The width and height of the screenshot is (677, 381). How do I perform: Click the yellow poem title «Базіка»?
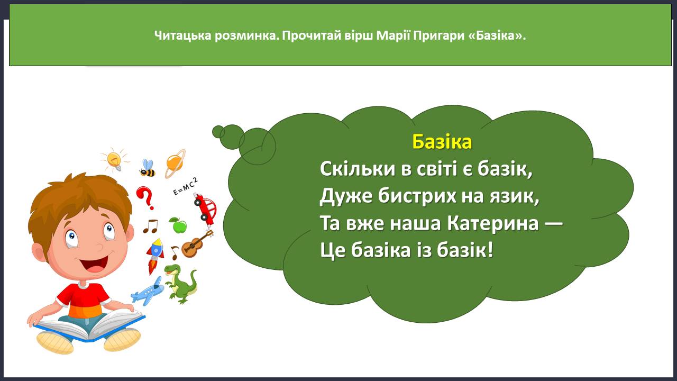442,142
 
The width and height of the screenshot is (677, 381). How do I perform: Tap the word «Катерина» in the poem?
493,224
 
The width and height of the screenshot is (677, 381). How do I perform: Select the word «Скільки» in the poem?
358,169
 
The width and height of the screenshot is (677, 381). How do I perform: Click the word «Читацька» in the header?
182,35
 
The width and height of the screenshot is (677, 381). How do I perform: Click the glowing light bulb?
115,159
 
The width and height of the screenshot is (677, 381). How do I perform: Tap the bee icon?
148,168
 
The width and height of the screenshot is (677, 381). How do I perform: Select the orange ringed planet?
175,164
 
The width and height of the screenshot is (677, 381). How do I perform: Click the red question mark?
145,198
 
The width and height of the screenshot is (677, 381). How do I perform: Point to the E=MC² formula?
185,187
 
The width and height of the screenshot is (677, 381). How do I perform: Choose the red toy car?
206,209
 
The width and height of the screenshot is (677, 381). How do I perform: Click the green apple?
178,225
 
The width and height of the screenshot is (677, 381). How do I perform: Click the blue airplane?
148,291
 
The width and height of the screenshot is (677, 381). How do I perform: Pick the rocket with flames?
155,256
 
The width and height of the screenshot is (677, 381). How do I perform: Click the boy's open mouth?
95,263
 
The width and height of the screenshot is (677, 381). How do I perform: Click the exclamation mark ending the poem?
490,250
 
